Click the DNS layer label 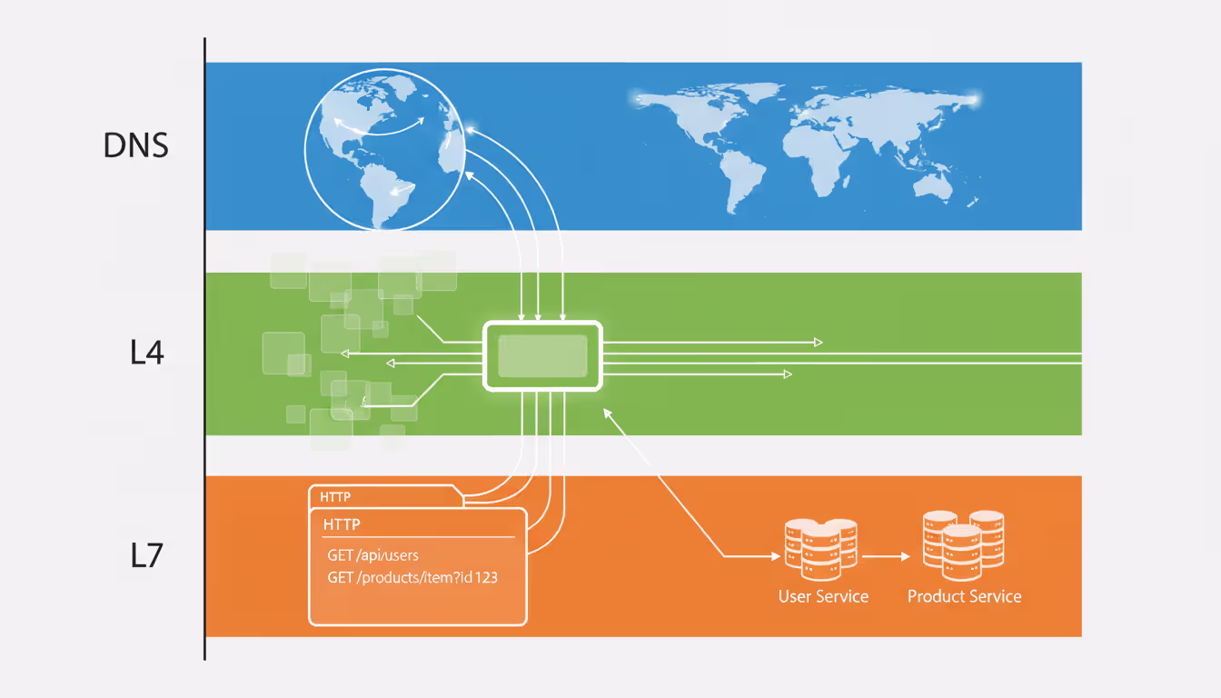tap(136, 145)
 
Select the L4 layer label tap(146, 353)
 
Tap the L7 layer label tap(146, 555)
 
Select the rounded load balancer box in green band tap(543, 355)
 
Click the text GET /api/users tap(372, 554)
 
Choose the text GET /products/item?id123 tap(412, 578)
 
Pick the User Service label tap(823, 597)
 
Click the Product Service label tap(964, 597)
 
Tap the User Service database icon tap(820, 549)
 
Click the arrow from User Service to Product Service tap(886, 554)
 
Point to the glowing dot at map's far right tap(975, 98)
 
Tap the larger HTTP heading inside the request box tap(342, 524)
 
